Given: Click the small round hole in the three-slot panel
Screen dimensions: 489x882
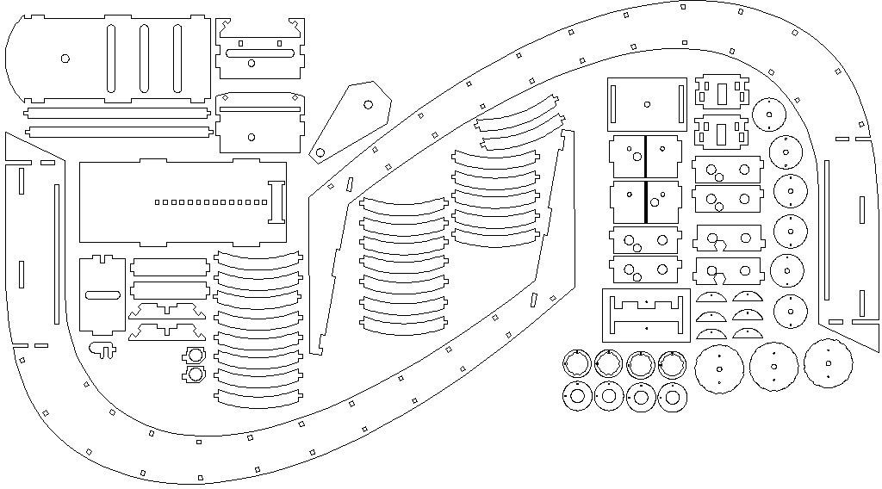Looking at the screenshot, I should (x=65, y=59).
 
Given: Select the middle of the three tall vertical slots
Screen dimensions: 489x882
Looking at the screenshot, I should (x=144, y=58).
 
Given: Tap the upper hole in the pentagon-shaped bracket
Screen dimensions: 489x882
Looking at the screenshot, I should (x=368, y=104).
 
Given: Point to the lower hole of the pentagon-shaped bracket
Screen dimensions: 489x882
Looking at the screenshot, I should (x=320, y=153).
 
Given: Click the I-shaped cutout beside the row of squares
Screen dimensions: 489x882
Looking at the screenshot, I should (x=276, y=201).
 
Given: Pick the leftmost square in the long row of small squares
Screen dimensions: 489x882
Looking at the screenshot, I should (x=157, y=202).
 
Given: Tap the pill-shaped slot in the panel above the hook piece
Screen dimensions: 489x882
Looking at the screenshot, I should (x=102, y=295).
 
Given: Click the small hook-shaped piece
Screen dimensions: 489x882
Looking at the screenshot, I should (x=104, y=349).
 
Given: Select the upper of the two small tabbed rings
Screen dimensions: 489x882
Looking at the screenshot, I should (x=195, y=356).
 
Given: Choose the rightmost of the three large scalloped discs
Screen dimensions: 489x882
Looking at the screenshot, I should (x=828, y=363).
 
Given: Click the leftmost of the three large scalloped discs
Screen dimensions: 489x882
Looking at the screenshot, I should (x=718, y=368).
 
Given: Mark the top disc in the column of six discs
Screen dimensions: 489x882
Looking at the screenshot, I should (x=767, y=114).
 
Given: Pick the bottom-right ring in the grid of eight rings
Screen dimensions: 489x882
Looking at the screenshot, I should (x=672, y=397).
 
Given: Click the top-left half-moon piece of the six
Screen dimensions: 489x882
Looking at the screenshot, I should (x=711, y=298).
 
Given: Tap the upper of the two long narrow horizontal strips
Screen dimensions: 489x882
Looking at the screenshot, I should (x=117, y=112).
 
